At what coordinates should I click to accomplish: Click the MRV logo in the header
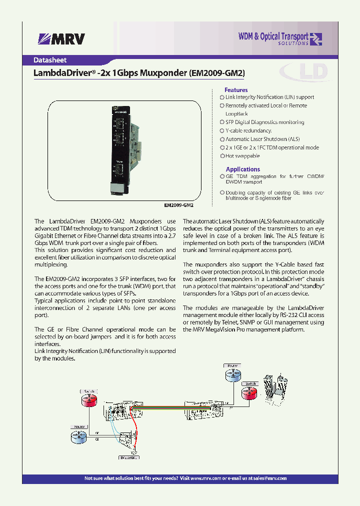click(x=62, y=39)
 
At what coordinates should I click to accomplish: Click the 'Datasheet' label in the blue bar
click(x=50, y=60)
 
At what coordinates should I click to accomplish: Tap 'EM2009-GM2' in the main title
click(x=216, y=73)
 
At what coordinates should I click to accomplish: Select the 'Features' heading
click(x=236, y=90)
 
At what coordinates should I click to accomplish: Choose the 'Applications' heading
click(x=243, y=169)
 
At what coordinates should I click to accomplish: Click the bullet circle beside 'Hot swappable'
click(x=222, y=156)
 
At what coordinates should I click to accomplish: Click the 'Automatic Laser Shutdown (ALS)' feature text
click(x=262, y=139)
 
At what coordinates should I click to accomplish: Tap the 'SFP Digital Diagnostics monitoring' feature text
click(x=264, y=122)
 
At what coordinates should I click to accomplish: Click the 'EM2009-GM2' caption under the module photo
click(x=178, y=205)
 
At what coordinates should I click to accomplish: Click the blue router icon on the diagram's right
click(x=232, y=374)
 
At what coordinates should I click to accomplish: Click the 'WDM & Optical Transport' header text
click(x=273, y=36)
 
